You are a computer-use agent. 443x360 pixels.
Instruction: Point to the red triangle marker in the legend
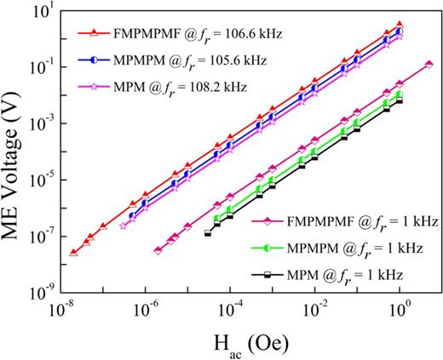click(94, 35)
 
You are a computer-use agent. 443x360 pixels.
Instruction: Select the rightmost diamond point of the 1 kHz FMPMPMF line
click(429, 65)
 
